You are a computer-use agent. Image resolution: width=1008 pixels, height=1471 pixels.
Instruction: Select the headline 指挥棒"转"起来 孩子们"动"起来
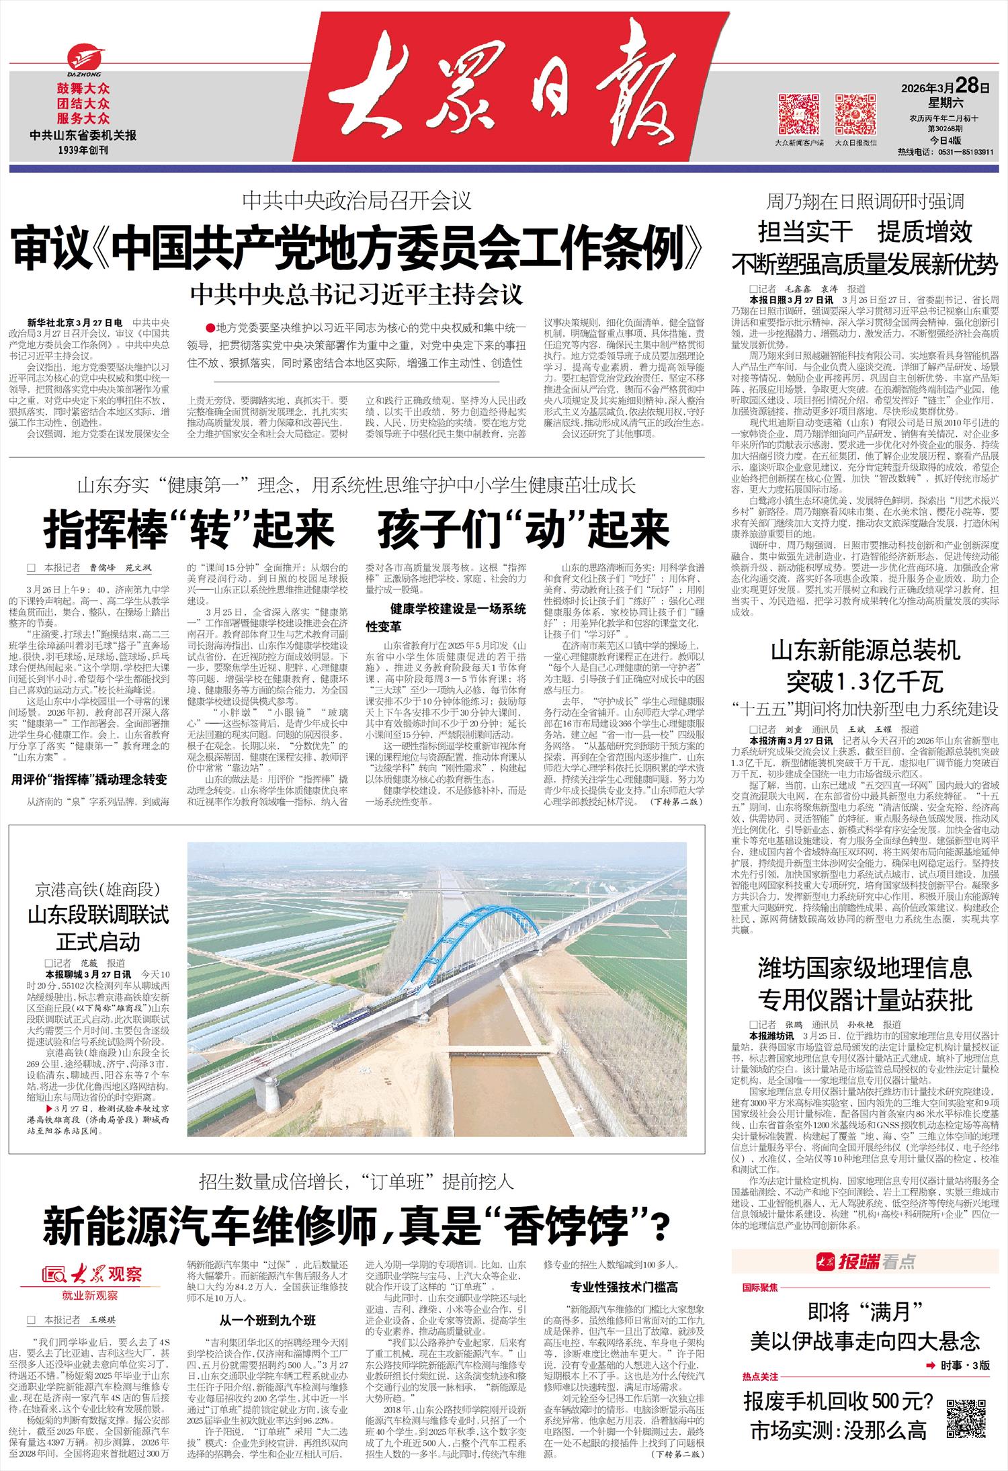[x=356, y=529]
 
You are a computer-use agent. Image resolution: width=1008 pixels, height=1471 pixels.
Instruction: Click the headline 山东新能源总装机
[x=865, y=651]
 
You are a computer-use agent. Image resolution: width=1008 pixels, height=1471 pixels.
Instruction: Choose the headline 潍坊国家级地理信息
[x=865, y=968]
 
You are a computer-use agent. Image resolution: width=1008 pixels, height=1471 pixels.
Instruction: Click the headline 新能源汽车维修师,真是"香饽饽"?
[x=356, y=1224]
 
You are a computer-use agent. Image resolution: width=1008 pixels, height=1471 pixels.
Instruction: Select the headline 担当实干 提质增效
[x=865, y=233]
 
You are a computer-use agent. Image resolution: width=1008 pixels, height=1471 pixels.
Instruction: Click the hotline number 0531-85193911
[x=962, y=153]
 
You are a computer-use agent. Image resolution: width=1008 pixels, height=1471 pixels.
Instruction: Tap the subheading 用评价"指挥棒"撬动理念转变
[x=89, y=780]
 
